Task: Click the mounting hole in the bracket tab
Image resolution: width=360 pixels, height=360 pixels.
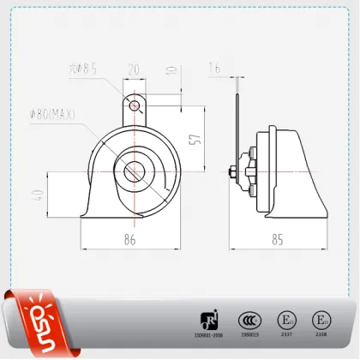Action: [133, 105]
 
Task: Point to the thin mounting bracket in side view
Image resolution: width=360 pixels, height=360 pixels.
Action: [234, 129]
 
